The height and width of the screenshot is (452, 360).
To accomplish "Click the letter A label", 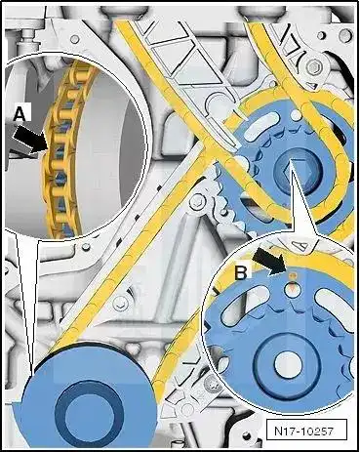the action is (x=20, y=115).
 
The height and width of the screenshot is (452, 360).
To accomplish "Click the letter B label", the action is (x=241, y=272).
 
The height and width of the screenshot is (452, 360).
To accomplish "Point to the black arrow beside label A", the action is (x=30, y=141).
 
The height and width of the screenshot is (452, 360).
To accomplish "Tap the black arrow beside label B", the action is (x=268, y=261).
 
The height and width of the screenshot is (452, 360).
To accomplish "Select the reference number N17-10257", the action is (x=303, y=431).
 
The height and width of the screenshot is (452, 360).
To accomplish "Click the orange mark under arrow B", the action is (x=292, y=275).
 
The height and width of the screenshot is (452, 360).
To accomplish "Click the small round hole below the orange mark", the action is (x=292, y=288).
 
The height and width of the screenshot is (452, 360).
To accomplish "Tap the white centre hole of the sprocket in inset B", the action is (x=289, y=363).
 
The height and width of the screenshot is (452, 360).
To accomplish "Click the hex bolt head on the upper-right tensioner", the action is (x=314, y=67).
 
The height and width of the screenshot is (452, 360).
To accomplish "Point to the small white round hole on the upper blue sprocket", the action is (x=296, y=114).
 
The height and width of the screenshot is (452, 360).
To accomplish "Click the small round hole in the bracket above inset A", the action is (x=75, y=39).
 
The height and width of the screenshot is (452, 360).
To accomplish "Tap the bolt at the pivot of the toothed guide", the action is (x=198, y=202).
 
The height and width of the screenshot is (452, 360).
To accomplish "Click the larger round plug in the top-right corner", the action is (x=346, y=34).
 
